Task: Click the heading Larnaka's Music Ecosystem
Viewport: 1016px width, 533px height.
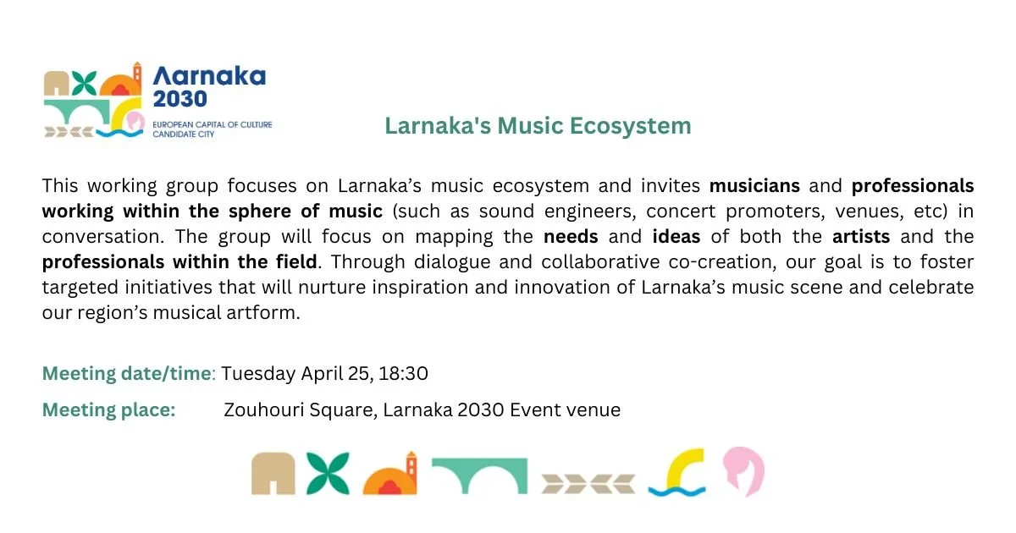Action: click(x=538, y=126)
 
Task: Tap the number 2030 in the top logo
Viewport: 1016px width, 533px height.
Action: click(x=179, y=99)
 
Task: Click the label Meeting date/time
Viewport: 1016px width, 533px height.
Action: click(x=129, y=373)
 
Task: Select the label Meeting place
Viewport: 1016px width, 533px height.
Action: click(x=109, y=410)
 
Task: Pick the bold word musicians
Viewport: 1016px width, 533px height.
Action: click(x=754, y=185)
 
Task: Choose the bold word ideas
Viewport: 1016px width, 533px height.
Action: click(x=676, y=236)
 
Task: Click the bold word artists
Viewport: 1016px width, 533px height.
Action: click(x=861, y=236)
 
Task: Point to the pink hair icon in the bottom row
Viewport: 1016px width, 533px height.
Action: click(x=743, y=471)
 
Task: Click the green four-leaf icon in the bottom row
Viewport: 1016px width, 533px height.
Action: click(x=329, y=473)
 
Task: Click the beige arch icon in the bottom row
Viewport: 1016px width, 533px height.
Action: click(x=273, y=475)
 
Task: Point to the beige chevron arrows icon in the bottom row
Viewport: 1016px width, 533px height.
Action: click(x=588, y=483)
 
